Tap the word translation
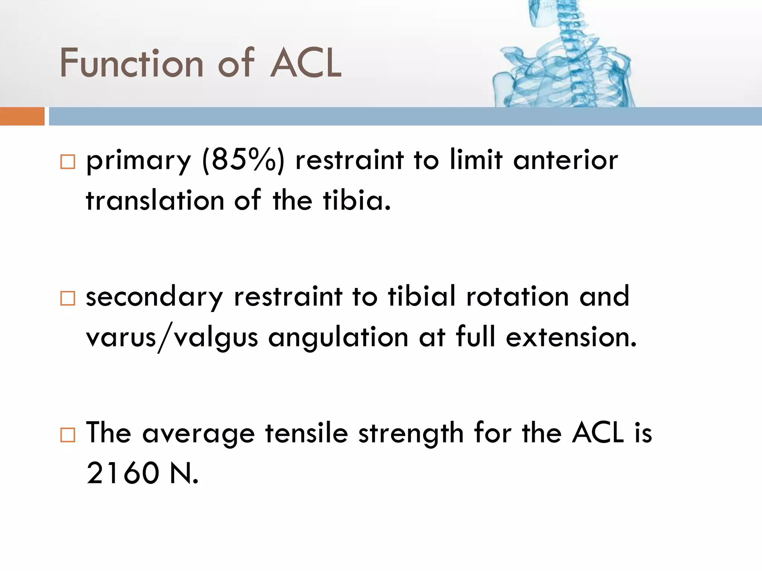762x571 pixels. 154,201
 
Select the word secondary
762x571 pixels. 154,297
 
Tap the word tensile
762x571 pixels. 306,433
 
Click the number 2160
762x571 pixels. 123,473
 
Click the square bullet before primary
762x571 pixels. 68,162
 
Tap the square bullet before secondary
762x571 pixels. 68,298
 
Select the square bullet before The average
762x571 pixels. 68,434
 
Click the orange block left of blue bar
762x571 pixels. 22,116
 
